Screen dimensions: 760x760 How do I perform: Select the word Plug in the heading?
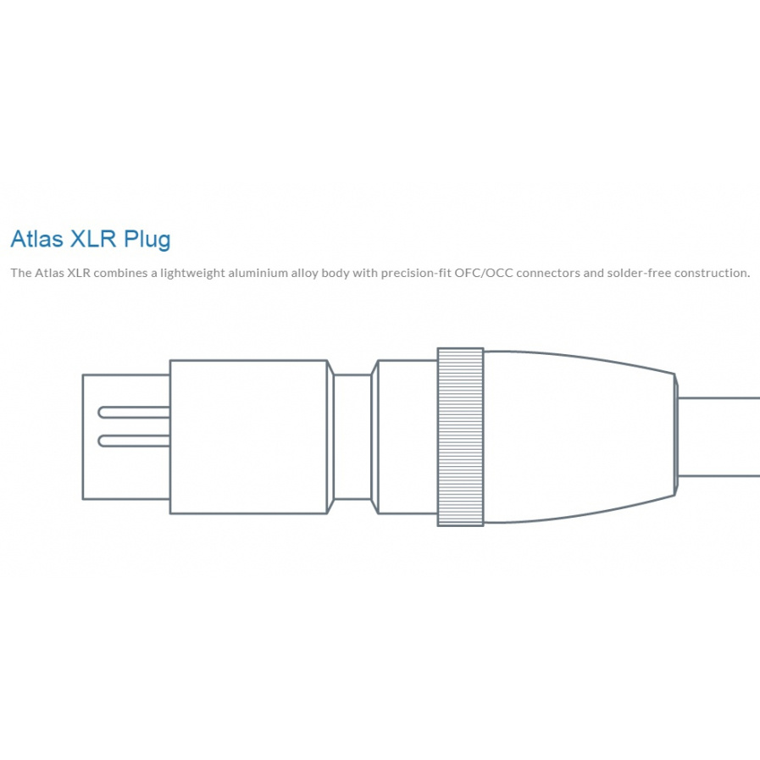147,240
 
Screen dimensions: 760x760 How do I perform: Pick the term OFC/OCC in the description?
481,273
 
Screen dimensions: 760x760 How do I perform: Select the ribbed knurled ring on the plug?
460,436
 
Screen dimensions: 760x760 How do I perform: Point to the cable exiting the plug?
720,436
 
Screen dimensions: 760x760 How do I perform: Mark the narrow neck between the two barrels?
352,436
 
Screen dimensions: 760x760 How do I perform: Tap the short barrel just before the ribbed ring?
407,436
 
